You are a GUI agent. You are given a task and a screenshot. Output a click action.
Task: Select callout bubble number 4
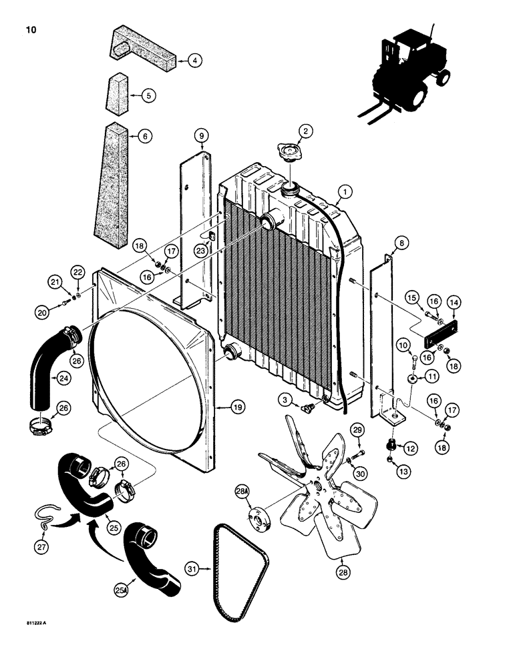pyautogui.click(x=194, y=61)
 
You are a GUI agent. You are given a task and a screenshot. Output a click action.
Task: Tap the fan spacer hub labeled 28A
pyautogui.click(x=258, y=520)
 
